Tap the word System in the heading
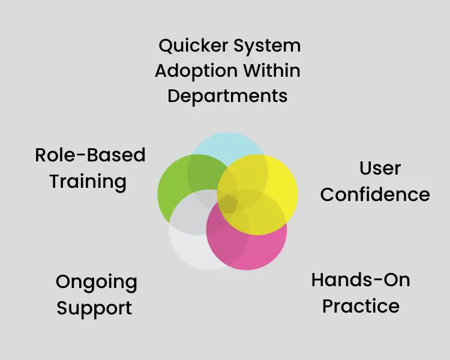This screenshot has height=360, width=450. [x=268, y=46]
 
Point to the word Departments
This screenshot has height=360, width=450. [x=227, y=96]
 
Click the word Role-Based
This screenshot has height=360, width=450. [x=90, y=155]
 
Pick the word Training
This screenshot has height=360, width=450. [x=88, y=181]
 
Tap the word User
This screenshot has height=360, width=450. [x=380, y=168]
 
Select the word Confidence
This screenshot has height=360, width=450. [x=375, y=194]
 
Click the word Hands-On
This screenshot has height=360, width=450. [x=361, y=280]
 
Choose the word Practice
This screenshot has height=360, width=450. [x=361, y=306]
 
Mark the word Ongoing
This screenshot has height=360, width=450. [x=96, y=282]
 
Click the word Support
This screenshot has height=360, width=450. [x=94, y=308]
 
